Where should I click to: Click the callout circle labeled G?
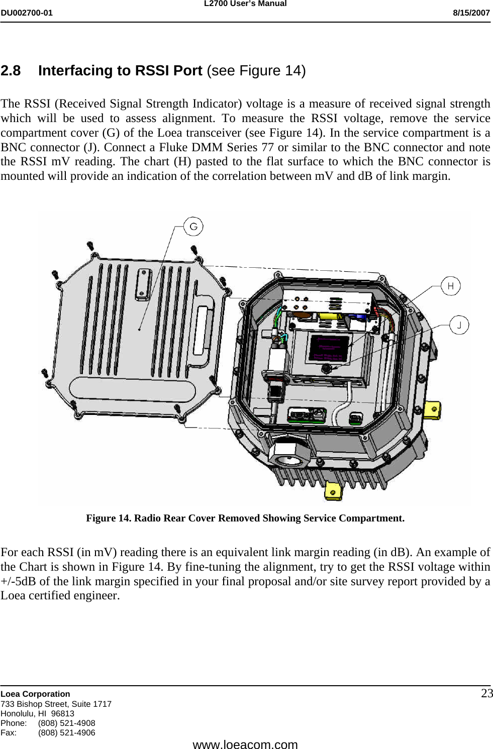193,227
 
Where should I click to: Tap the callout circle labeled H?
450,286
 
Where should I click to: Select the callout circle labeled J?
459,325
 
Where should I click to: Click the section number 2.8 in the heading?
11,71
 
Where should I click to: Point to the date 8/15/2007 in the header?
471,13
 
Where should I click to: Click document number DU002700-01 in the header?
26,13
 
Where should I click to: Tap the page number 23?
486,694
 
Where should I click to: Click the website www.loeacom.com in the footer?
245,744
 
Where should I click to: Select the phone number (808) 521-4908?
66,723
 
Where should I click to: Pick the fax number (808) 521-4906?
66,732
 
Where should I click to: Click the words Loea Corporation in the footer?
35,694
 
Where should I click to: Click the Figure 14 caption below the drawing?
245,518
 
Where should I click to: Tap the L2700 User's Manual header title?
245,4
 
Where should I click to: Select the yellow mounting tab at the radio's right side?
433,409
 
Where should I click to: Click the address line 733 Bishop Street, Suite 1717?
56,704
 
